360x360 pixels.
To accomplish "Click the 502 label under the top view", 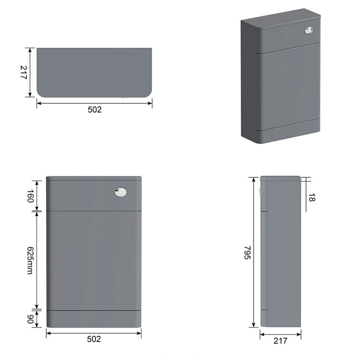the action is [95, 110].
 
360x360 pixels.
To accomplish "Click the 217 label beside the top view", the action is [24, 73].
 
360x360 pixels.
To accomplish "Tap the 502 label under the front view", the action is [94, 339].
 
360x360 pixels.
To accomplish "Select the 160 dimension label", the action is [30, 196].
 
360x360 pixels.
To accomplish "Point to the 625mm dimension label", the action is [30, 260].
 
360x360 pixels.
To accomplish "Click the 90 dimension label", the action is [30, 319].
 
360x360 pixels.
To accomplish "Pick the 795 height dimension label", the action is [247, 253].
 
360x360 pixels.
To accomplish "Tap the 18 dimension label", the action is [311, 197].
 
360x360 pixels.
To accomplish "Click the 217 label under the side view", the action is [280, 341].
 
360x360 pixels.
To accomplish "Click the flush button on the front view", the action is [120, 192].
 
